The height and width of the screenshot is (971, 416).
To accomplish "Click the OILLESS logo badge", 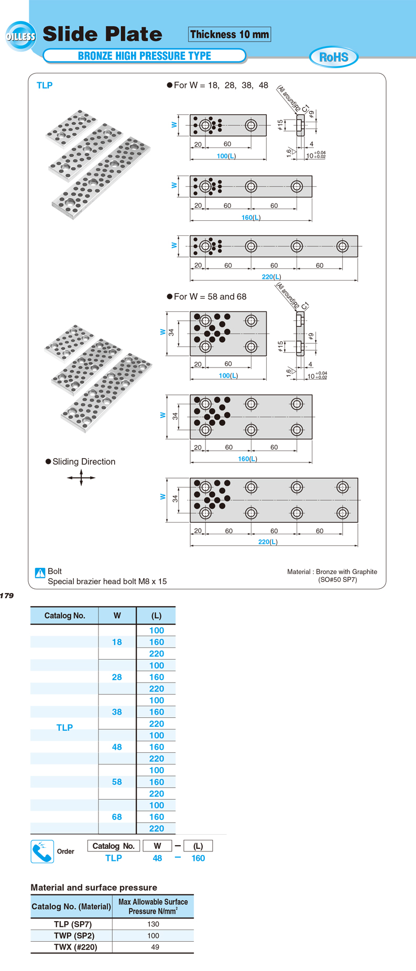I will pos(21,36).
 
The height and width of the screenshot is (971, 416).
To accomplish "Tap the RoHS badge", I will pos(334,57).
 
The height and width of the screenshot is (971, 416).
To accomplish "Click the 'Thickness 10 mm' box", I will pos(229,35).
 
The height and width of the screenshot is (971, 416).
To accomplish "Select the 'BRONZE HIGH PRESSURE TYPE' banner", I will pos(144,56).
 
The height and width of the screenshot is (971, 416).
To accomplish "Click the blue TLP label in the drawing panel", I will pos(45,85).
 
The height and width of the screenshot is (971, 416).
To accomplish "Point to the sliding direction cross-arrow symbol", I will pos(81,478).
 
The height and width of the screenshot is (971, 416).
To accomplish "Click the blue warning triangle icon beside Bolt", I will pos(40,573).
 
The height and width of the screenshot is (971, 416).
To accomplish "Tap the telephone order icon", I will pos(42,851).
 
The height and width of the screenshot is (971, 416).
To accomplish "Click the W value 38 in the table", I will pos(117,712).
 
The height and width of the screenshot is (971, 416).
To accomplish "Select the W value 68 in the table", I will pos(117,817).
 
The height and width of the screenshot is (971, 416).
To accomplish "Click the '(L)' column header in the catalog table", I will pos(156,616).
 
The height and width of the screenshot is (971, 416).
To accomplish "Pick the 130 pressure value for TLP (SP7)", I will pos(153,924).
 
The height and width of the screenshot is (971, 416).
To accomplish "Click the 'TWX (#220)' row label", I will pos(75,947).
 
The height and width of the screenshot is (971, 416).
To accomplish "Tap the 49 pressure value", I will pos(155,947).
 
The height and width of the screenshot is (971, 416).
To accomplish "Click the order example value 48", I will pos(157,858).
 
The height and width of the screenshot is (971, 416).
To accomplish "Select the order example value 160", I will pos(198,858).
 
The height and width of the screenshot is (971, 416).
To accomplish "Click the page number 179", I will pos(7,596).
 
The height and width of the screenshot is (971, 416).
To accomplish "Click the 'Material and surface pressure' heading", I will pos(94,888).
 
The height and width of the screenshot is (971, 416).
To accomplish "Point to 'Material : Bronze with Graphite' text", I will pos(332,571).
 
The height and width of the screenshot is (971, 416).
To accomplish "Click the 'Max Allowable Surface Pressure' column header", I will pos(153,907).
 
